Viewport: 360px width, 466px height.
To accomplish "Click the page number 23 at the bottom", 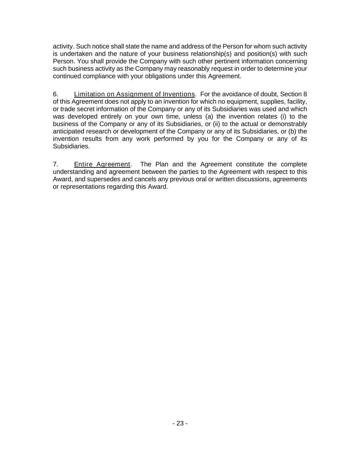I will [x=180, y=423].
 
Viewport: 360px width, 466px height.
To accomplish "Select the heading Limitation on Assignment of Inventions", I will [x=134, y=94].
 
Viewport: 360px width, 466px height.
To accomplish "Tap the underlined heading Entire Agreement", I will [x=102, y=164].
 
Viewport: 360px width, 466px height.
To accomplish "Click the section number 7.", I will [x=56, y=164].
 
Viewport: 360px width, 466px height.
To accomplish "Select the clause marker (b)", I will [x=292, y=131].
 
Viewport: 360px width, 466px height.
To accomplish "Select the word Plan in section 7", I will [x=162, y=164].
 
